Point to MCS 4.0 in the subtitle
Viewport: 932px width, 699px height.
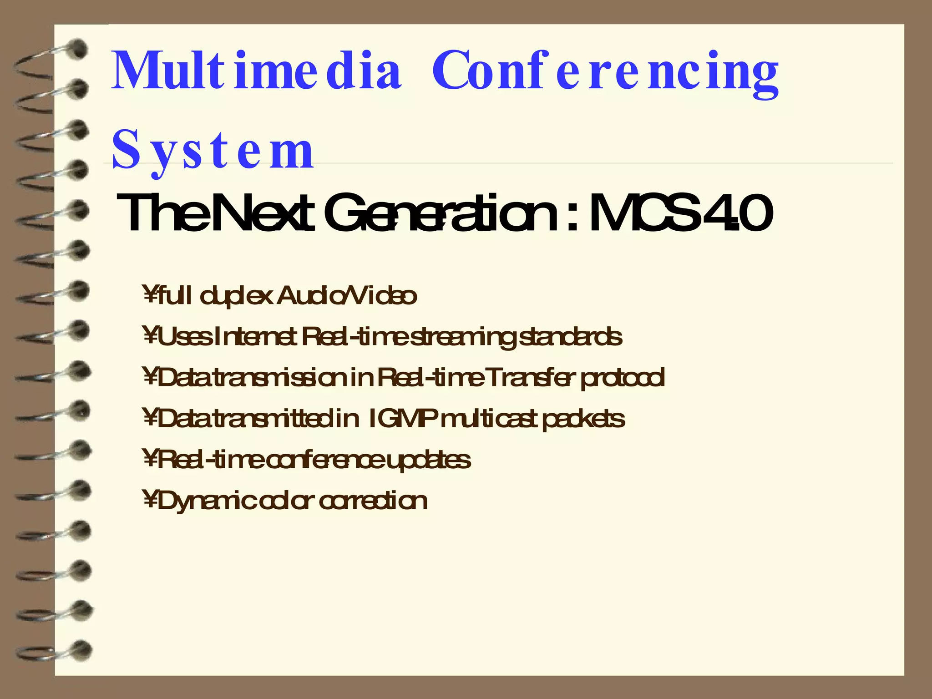click(680, 213)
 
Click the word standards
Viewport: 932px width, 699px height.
click(571, 337)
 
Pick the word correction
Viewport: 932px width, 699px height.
click(373, 501)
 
